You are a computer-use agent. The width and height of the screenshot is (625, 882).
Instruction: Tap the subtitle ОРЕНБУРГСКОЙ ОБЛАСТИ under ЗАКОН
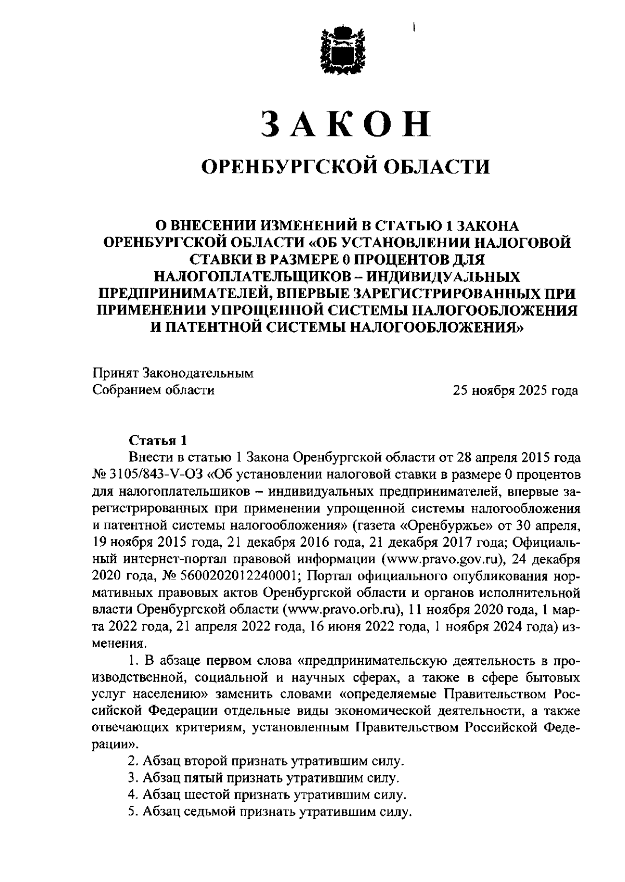346,167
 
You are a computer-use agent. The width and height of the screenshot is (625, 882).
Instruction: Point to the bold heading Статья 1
157,440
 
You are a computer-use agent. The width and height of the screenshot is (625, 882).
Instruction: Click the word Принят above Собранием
115,373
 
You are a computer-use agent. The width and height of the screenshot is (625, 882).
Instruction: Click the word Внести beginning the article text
147,458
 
